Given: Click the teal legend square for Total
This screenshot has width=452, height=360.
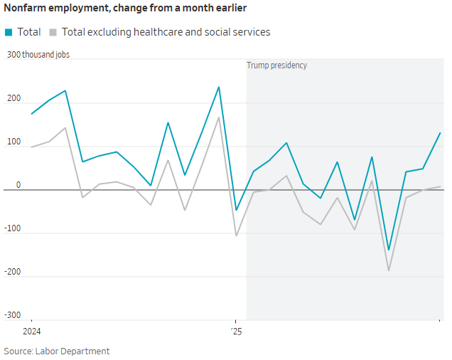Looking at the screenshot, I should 9,32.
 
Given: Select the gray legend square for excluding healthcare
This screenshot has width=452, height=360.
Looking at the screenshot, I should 53,32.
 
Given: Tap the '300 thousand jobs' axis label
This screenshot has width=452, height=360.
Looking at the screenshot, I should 38,55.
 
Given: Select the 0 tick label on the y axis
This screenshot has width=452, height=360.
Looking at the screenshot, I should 18,185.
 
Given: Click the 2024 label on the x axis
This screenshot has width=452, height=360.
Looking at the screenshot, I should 31,331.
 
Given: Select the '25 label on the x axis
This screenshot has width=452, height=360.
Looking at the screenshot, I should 235,331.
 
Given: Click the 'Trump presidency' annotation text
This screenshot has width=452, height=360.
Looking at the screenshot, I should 276,65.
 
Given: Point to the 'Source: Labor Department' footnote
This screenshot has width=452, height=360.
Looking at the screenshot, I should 57,351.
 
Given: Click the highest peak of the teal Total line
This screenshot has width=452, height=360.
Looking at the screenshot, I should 219,87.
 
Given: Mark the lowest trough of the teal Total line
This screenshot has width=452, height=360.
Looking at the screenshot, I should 389,250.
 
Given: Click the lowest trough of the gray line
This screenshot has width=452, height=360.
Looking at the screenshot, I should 389,270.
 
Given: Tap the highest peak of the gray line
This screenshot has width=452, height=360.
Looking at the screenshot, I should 219,117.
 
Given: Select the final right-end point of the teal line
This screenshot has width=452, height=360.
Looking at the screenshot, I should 441,132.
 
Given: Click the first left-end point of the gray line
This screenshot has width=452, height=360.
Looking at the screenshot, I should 31,147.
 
